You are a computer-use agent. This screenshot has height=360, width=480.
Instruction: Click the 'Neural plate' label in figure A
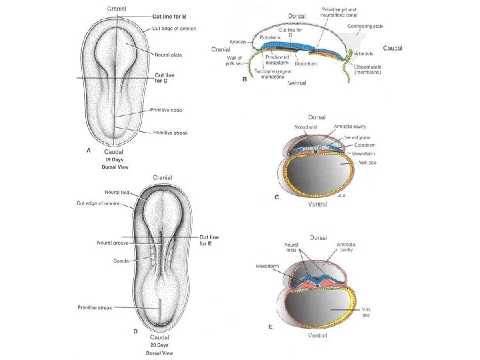170,55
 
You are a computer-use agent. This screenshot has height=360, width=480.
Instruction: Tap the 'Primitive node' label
167,109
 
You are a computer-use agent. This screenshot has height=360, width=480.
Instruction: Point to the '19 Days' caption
113,160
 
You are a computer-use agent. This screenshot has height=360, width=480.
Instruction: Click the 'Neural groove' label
112,243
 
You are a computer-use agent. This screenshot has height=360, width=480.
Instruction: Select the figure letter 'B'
245,79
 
